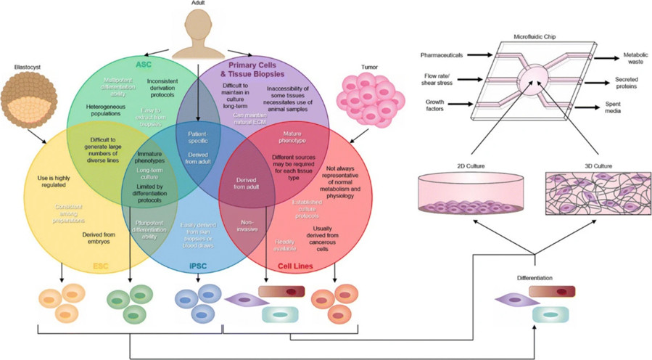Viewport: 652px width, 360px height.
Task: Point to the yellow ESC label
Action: [x=100, y=266]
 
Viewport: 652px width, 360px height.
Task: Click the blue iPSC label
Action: [x=197, y=266]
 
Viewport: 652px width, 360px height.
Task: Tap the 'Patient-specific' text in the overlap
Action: [x=197, y=138]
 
